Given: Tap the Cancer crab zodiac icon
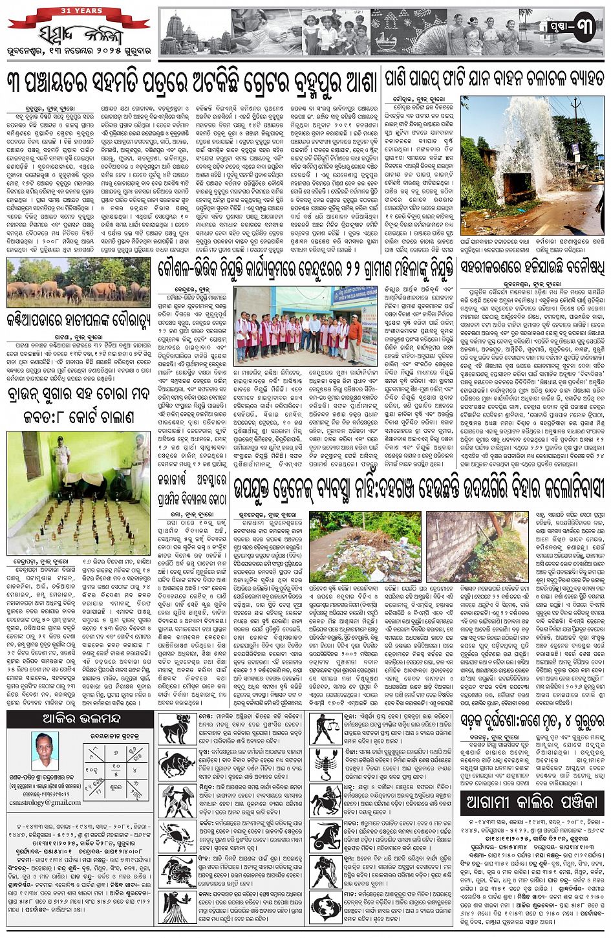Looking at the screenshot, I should pyautogui.click(x=177, y=836).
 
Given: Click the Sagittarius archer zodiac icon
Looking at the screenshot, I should pyautogui.click(x=327, y=801).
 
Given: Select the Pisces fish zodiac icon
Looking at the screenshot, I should pyautogui.click(x=327, y=906).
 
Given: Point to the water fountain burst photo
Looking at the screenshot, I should pyautogui.click(x=532, y=165).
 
